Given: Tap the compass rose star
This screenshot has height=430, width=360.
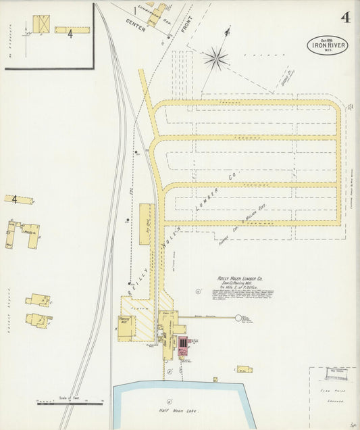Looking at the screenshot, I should pos(216,59).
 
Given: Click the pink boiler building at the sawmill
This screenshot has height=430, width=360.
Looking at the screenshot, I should pos(182,345).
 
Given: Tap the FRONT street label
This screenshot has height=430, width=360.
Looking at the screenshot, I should pos(186,25).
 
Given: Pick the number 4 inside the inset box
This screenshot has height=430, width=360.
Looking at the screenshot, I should pos(70,33).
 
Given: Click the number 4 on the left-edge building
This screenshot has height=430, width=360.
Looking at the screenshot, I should pos(13,199).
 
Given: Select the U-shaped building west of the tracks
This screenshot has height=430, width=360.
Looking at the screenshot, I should pos(24,233).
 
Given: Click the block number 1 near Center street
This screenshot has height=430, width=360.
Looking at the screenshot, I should pos(135,11).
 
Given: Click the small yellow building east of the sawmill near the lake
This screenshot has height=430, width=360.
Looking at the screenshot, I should pos(242,369).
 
